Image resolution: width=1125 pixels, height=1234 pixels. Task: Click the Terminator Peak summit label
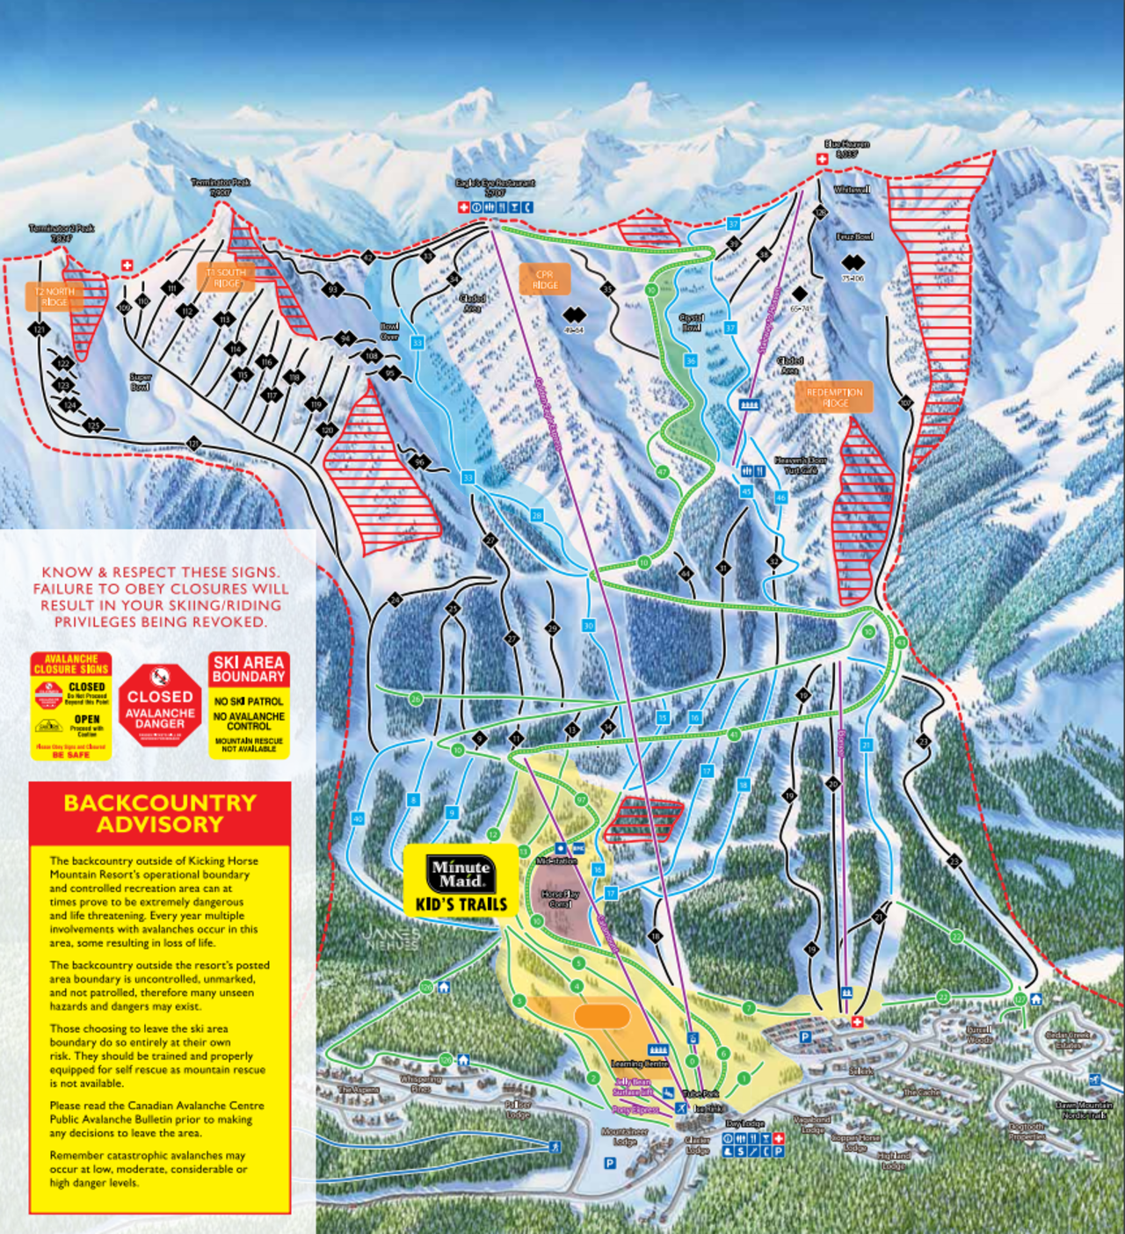(x=221, y=186)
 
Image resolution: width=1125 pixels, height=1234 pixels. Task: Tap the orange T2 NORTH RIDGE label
(x=54, y=297)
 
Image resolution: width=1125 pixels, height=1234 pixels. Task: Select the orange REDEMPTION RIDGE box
(x=834, y=397)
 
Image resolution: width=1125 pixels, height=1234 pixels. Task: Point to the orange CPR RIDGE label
(x=544, y=279)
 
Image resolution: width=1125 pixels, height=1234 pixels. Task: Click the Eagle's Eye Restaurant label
(x=495, y=187)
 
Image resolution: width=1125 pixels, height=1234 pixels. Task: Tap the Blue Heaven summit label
(x=846, y=149)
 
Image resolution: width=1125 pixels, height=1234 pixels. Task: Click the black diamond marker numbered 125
(x=93, y=426)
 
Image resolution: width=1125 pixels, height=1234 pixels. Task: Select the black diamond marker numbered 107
(x=906, y=403)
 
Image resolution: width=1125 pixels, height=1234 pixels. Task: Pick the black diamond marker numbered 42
(x=774, y=561)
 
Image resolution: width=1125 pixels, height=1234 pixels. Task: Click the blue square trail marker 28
(x=536, y=516)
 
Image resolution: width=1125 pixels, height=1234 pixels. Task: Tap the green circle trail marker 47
(x=662, y=472)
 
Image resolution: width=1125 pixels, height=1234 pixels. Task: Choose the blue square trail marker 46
(x=780, y=497)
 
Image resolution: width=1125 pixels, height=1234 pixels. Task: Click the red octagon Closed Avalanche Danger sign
(x=160, y=706)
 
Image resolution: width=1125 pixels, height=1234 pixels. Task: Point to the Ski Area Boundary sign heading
(x=249, y=670)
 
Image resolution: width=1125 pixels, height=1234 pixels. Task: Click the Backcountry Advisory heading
(x=160, y=813)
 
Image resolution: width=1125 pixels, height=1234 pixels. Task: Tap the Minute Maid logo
(x=461, y=873)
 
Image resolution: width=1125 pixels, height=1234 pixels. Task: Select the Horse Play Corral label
(x=560, y=898)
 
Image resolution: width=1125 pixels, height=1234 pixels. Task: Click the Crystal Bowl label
(x=692, y=323)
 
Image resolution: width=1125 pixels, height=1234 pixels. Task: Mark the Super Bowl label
(x=140, y=381)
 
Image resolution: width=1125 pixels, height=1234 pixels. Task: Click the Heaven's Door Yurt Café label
(x=800, y=465)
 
